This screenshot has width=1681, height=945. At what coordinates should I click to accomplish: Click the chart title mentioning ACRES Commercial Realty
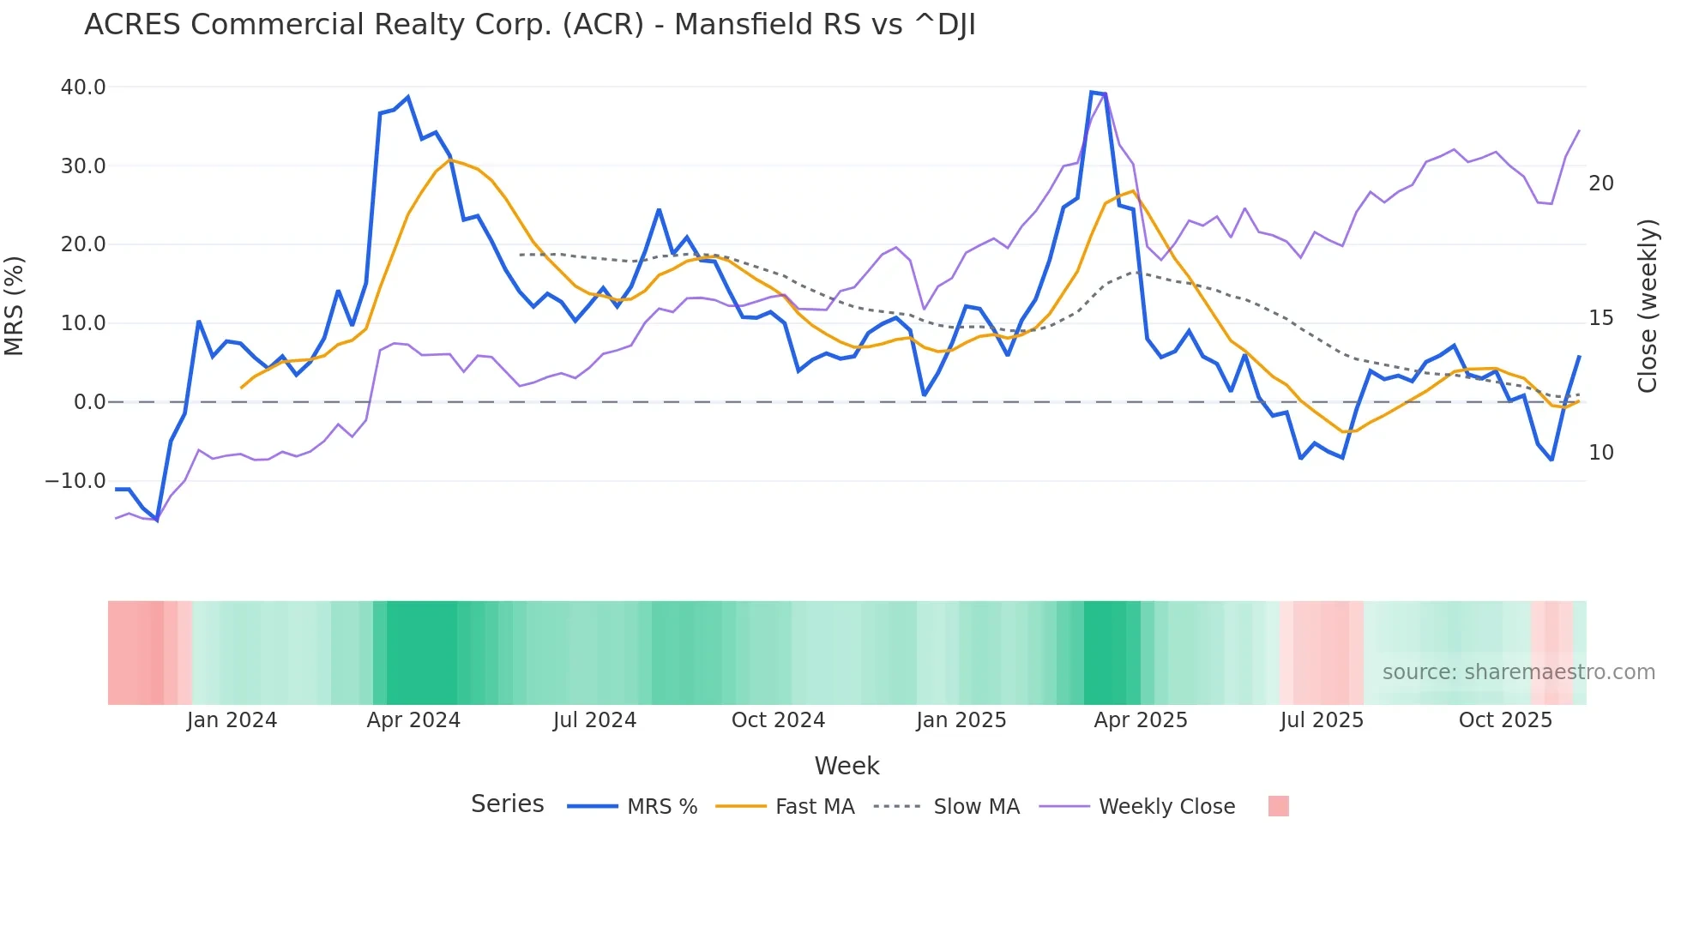coord(529,25)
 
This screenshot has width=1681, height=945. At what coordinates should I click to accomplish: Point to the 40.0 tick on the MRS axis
coord(83,87)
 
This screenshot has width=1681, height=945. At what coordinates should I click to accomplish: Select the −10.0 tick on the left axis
coord(75,481)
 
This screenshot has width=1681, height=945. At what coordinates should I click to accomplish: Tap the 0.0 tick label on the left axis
coord(89,402)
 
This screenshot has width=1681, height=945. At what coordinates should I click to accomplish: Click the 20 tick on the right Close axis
coord(1600,184)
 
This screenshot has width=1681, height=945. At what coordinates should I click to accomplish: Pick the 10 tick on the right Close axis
coord(1600,453)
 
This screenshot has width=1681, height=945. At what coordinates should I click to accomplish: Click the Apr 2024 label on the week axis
coord(413,720)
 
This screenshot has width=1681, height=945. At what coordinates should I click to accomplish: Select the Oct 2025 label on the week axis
coord(1505,720)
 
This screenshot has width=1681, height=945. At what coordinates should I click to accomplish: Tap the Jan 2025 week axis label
coord(961,720)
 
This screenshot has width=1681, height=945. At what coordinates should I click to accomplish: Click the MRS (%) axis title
coord(15,305)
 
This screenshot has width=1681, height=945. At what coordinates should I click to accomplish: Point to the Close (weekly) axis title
coord(1647,306)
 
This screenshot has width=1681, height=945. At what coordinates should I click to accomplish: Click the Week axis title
coord(847,766)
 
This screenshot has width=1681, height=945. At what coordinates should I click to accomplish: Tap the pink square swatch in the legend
coord(1278,806)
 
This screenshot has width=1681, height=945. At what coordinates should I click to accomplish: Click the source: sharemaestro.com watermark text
coord(1518,672)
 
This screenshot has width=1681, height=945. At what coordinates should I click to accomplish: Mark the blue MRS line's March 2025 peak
coord(1092,92)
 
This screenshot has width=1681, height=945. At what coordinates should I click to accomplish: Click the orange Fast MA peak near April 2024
coord(450,160)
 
